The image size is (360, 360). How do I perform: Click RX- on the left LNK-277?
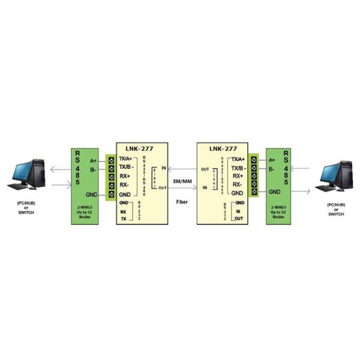[125, 185]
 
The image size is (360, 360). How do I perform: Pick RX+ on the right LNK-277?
[236, 176]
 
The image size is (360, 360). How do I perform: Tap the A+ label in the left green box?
[93, 161]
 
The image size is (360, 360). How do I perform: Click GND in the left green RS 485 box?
[92, 195]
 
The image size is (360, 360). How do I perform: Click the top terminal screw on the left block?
[111, 160]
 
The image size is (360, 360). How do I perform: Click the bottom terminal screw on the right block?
[254, 192]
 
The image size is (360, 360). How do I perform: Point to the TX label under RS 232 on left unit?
[124, 220]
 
